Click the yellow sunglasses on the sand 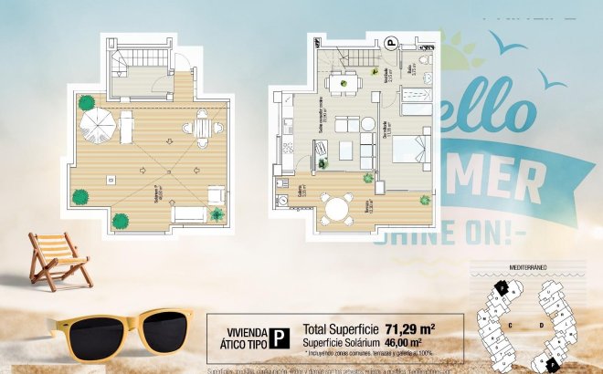point(124,332)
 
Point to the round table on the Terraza point(338,208)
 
